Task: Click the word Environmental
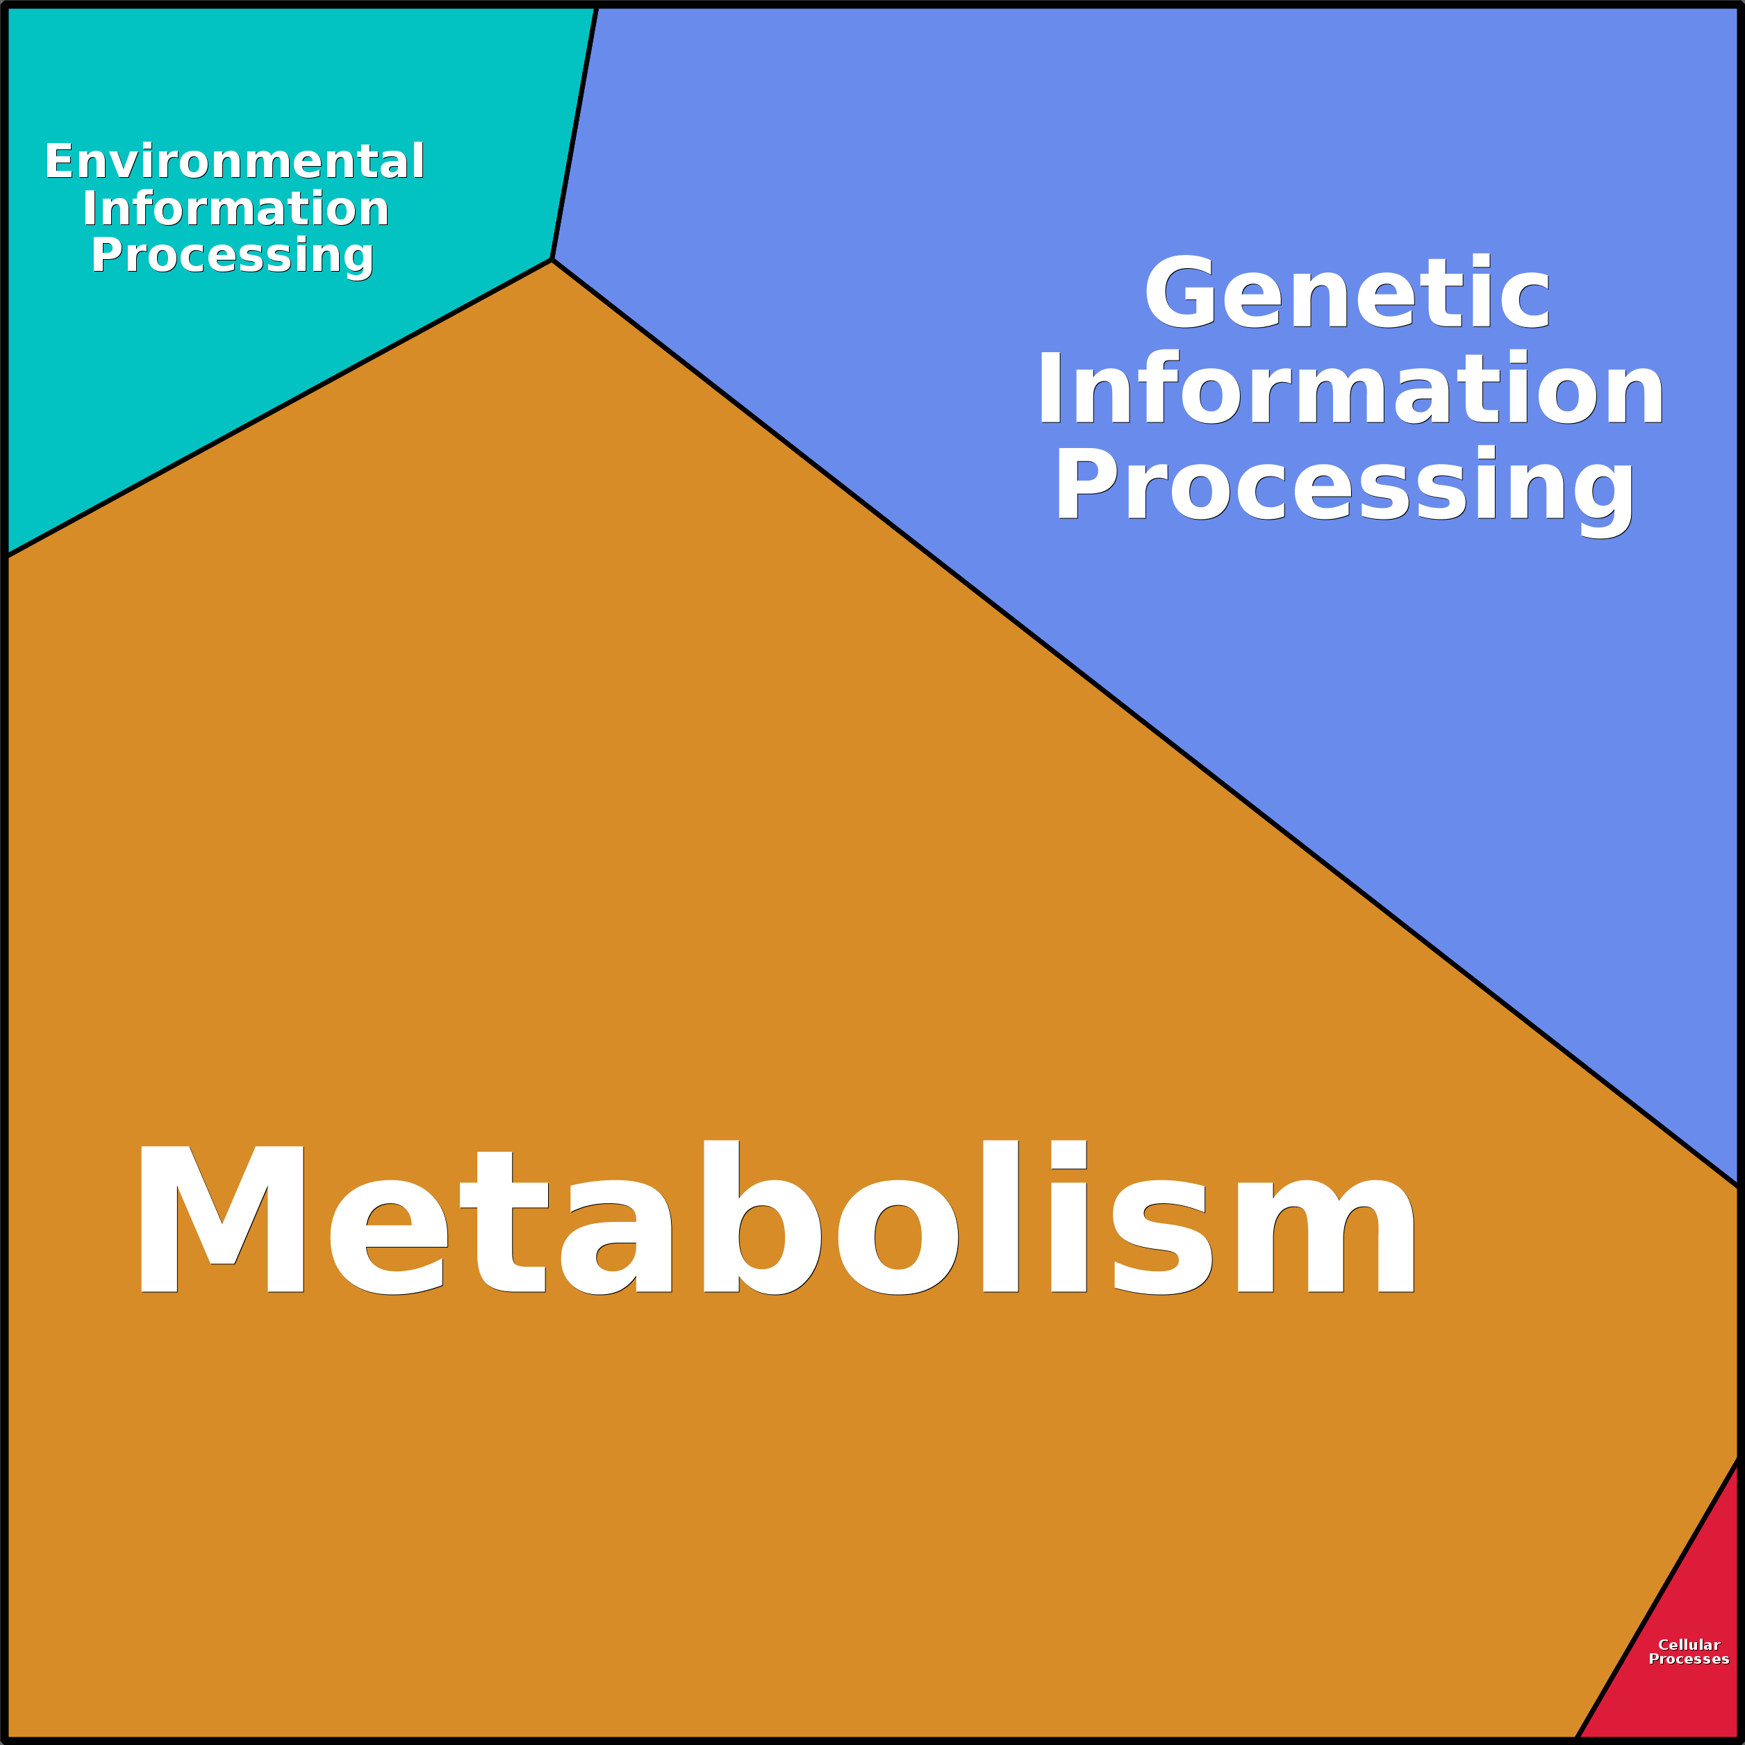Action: click(x=235, y=162)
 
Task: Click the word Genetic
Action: click(x=1347, y=292)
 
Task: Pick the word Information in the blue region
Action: click(x=1350, y=388)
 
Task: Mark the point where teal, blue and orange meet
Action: click(x=552, y=260)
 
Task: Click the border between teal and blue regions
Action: click(x=574, y=133)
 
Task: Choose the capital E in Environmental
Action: click(x=60, y=162)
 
